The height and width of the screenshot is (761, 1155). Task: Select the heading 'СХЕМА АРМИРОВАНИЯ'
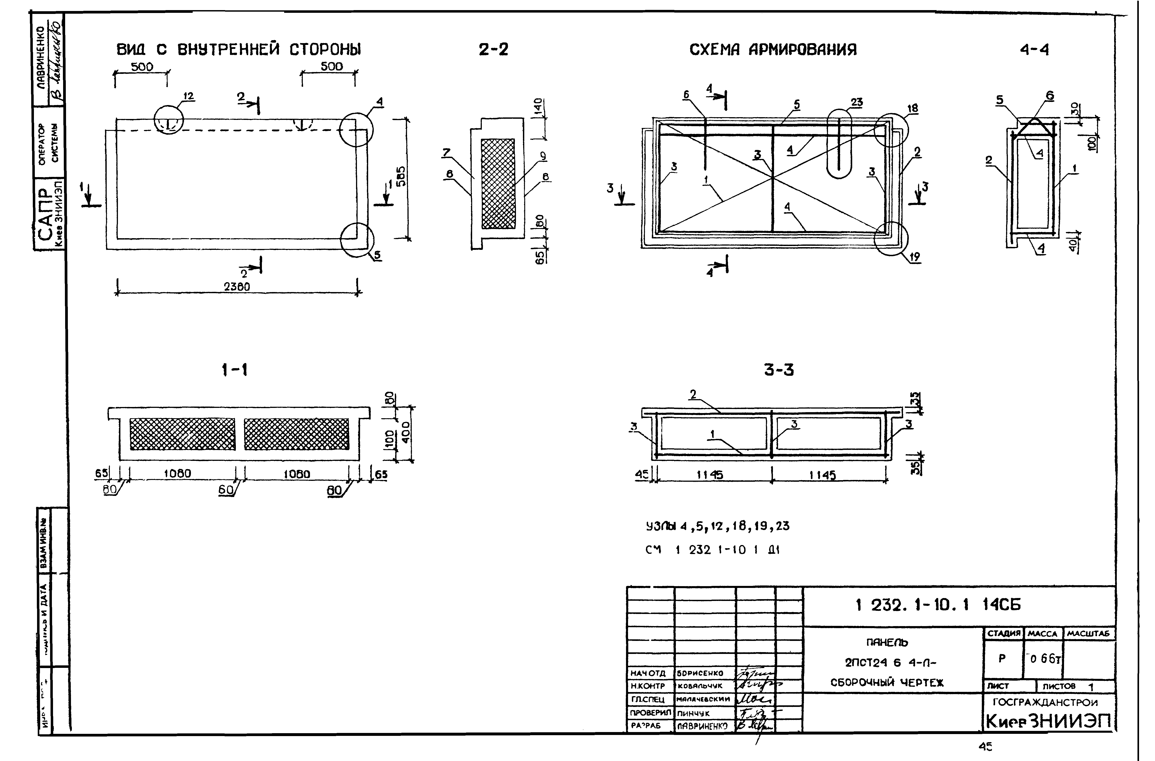tap(773, 50)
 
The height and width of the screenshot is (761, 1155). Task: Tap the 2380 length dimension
tap(237, 287)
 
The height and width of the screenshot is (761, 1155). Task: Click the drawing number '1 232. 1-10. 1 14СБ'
tap(938, 605)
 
